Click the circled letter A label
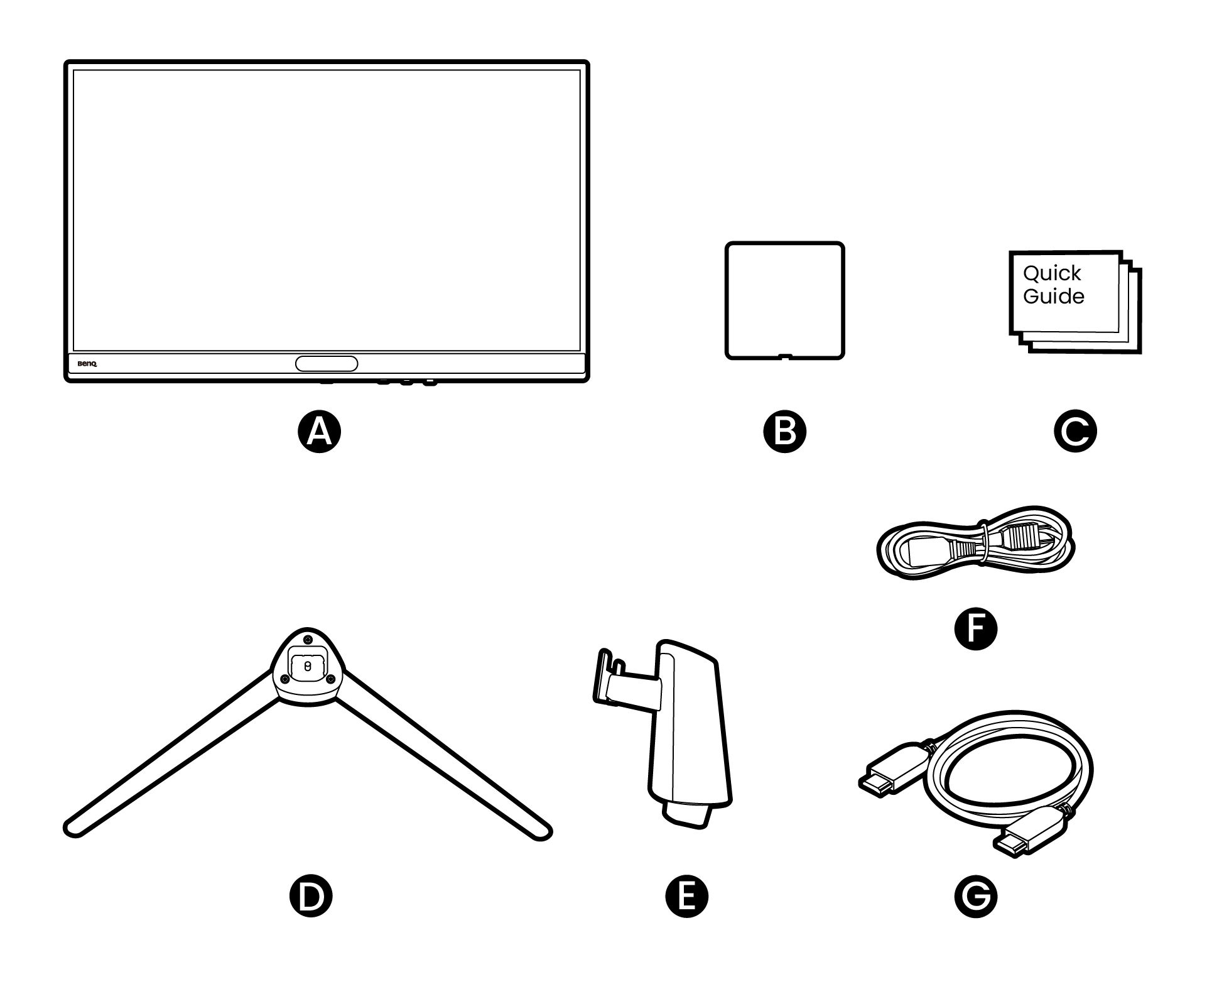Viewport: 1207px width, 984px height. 319,432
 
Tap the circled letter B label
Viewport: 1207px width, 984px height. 784,432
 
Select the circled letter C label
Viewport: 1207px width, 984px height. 1075,432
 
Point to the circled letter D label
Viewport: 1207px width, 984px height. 310,897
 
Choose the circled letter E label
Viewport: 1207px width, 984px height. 686,897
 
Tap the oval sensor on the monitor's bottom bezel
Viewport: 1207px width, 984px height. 327,363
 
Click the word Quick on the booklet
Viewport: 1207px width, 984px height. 1052,273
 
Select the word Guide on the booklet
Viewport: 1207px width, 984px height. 1053,297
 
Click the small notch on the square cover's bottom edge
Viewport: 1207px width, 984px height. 784,357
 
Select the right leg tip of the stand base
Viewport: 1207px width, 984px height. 540,831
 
